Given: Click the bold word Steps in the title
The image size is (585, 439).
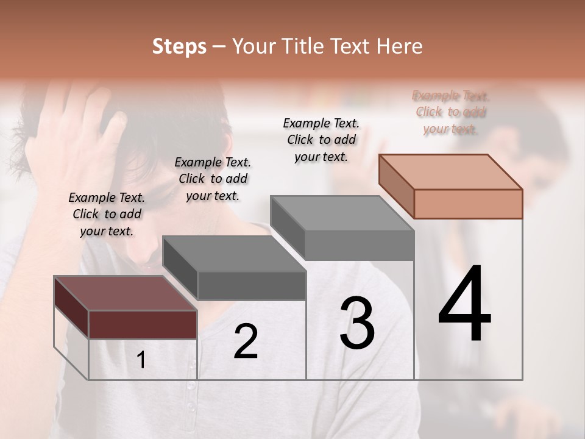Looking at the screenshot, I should [179, 46].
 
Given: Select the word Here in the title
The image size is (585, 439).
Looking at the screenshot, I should [399, 46].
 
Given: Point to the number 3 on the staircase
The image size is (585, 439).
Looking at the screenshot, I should [357, 323].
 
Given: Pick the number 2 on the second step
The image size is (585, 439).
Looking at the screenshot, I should [246, 341].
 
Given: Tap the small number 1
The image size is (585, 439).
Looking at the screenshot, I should [141, 360].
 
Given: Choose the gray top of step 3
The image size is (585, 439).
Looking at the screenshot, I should [342, 213].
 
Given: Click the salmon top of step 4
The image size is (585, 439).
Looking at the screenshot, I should [450, 172].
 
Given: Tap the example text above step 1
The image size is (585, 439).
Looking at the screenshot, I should [107, 214].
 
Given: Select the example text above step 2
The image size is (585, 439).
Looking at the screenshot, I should [213, 179].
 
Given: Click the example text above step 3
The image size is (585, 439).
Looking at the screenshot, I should [321, 140].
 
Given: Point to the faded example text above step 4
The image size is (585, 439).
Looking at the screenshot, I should [450, 112].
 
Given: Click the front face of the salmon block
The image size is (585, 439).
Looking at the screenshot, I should [468, 204].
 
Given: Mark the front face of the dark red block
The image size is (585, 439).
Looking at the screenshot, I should [143, 324].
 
